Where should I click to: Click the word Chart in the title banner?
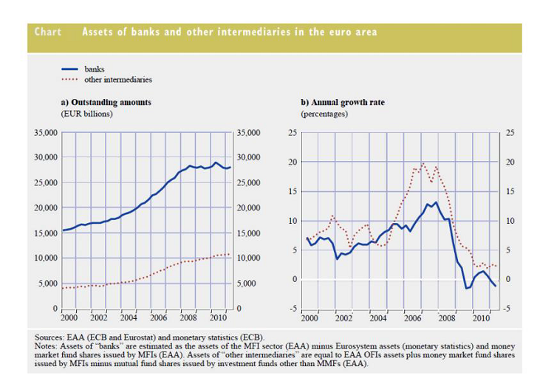pos(48,32)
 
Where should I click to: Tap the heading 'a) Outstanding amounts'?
pos(105,102)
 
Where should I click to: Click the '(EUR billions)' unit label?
pos(83,114)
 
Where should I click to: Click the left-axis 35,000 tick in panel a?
pos(45,133)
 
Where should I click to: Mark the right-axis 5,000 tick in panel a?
pos(248,284)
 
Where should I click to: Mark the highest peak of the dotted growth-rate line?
pos(423,163)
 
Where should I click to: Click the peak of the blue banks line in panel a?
pos(216,162)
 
